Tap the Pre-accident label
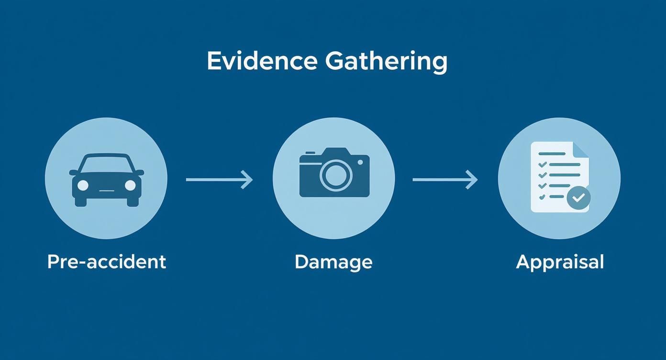(107, 262)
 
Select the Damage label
(333, 262)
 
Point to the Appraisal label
(560, 262)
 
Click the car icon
(106, 180)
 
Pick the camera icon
(334, 173)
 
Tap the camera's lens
(336, 175)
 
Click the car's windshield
(106, 164)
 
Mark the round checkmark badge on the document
(578, 197)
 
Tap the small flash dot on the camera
(360, 162)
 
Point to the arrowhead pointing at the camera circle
(248, 180)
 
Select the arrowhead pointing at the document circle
(473, 180)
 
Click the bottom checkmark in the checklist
(542, 197)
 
